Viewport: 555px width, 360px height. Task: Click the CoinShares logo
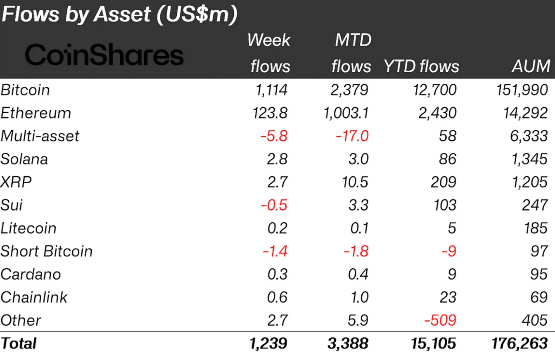pos(104,55)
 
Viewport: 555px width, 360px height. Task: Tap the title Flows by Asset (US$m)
pos(119,14)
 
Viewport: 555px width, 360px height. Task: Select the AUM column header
pos(531,66)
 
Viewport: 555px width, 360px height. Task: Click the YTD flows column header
pos(421,66)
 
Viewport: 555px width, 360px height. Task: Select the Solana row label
pos(25,159)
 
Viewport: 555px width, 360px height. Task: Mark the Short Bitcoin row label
pos(47,251)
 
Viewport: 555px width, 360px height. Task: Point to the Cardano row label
pos(31,275)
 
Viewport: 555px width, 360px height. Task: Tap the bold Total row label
pos(19,343)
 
